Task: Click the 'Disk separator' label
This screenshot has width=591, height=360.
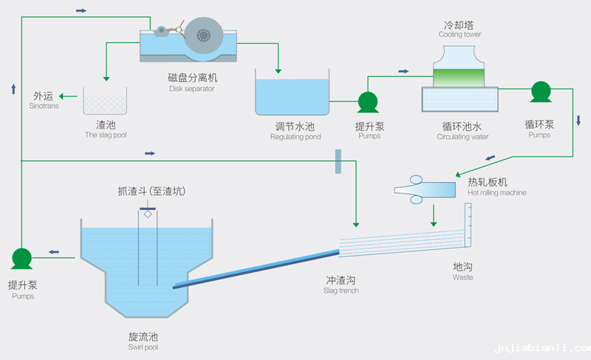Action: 191,89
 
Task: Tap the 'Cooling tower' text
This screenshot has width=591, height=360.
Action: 460,34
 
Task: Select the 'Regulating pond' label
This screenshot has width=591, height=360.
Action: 295,137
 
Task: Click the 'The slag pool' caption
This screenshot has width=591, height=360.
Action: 106,135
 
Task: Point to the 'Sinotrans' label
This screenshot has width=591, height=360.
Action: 44,106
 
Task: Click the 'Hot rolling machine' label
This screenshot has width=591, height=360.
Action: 497,193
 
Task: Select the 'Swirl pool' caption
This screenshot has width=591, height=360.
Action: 143,347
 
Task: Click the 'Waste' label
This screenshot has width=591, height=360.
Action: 462,277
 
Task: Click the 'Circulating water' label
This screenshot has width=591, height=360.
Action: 462,137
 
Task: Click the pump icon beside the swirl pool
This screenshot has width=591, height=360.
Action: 22,258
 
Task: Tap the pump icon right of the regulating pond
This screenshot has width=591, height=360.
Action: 368,102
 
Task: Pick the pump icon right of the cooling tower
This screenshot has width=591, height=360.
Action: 541,92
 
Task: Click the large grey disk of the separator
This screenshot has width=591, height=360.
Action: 204,35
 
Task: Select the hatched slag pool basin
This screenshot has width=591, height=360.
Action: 105,101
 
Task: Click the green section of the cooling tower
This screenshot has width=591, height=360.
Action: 459,77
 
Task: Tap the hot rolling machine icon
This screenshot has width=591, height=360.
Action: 426,189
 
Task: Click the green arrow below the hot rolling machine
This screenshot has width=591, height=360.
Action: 434,215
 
